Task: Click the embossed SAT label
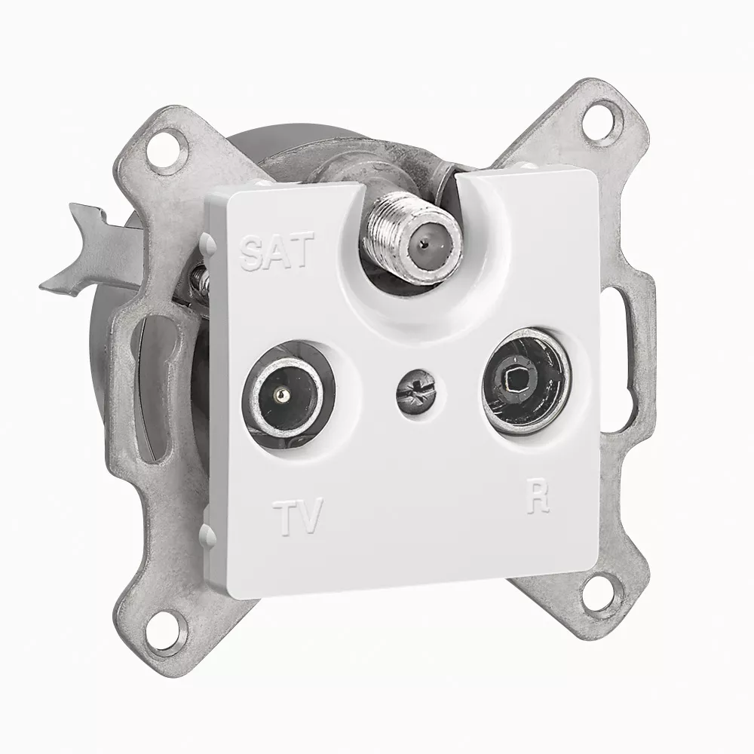click(277, 251)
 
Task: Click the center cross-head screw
click(412, 394)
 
